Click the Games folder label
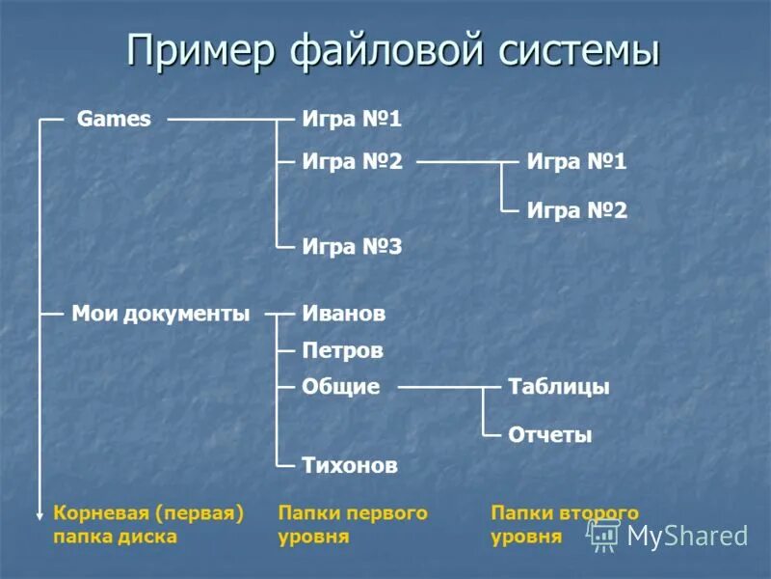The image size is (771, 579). (x=114, y=120)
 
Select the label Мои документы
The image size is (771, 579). (x=160, y=314)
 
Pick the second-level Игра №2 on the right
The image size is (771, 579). (x=576, y=209)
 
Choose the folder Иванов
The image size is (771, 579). (x=344, y=314)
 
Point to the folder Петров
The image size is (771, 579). (x=343, y=350)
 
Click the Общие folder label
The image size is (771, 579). (x=341, y=387)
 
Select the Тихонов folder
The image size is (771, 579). (x=350, y=465)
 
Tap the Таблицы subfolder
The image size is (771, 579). (x=558, y=387)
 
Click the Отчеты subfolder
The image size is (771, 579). (x=549, y=435)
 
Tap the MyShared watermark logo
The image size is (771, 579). (x=670, y=536)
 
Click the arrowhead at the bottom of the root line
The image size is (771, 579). (x=40, y=516)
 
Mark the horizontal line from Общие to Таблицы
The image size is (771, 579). (x=439, y=388)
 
